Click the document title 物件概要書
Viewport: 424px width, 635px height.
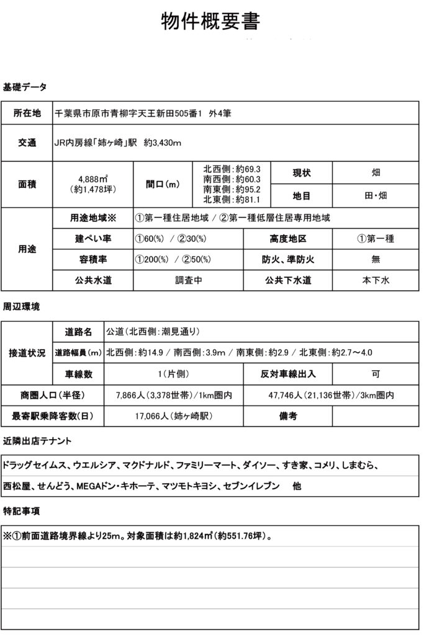coord(210,21)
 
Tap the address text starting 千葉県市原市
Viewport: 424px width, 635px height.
coord(143,113)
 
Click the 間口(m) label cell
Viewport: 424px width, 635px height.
coord(162,184)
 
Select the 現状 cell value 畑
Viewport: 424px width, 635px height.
coord(376,172)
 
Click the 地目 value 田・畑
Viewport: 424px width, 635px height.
coord(376,196)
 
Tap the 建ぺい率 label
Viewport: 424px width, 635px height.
coord(92,238)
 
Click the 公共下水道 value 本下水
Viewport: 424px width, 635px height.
coord(376,280)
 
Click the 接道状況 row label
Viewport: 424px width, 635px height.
coord(27,352)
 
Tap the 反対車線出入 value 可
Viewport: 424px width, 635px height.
coord(376,374)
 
